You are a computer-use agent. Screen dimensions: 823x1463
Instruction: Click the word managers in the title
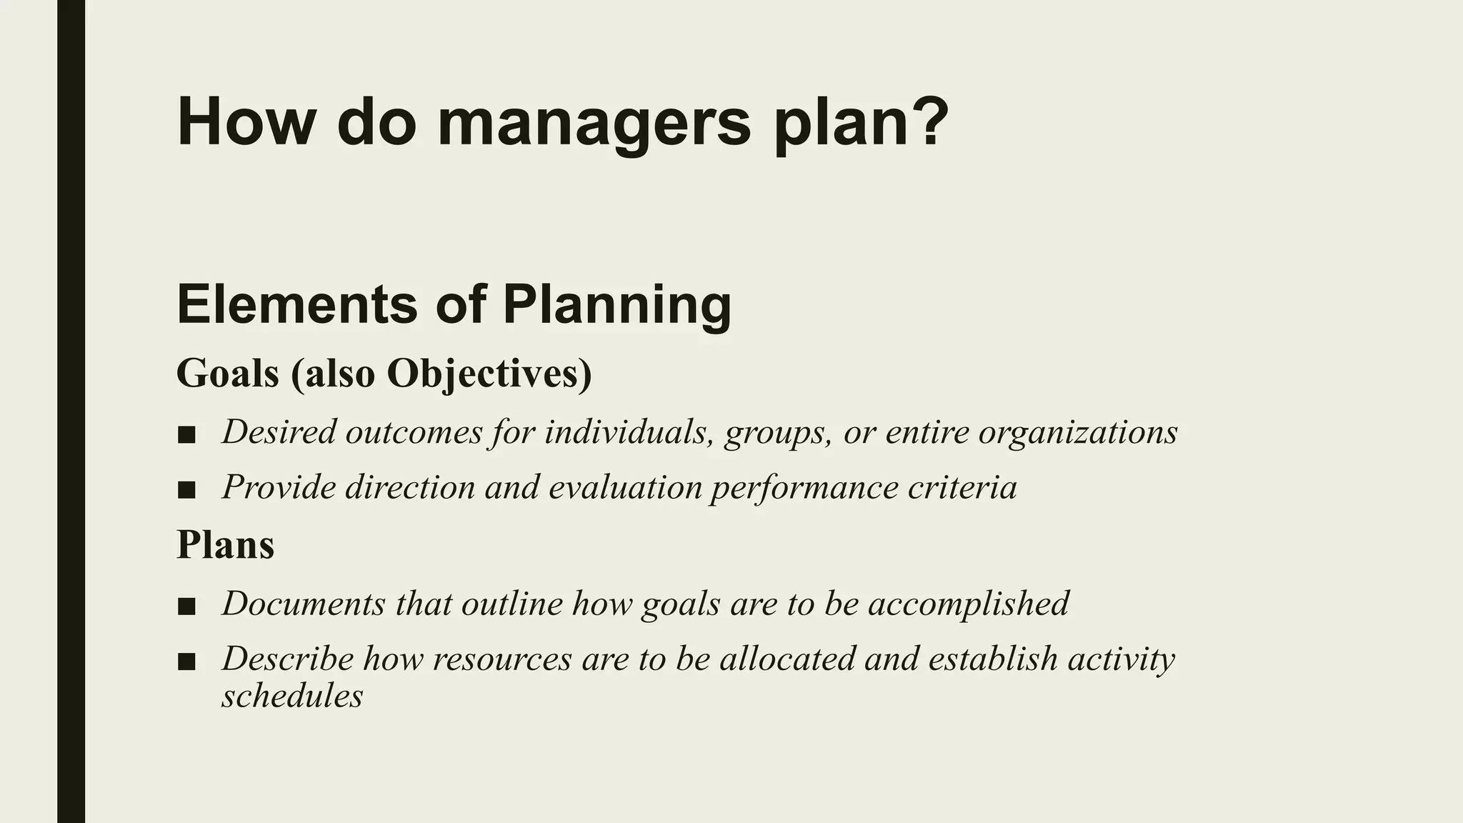point(594,123)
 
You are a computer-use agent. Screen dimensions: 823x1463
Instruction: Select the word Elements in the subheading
point(296,305)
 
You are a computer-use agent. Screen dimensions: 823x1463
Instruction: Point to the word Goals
point(227,374)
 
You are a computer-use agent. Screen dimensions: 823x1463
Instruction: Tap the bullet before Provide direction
point(186,490)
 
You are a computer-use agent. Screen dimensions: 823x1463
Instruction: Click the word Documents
point(304,604)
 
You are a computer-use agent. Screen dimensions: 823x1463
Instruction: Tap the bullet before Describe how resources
point(186,662)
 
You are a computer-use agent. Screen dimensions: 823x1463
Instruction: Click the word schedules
point(292,696)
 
